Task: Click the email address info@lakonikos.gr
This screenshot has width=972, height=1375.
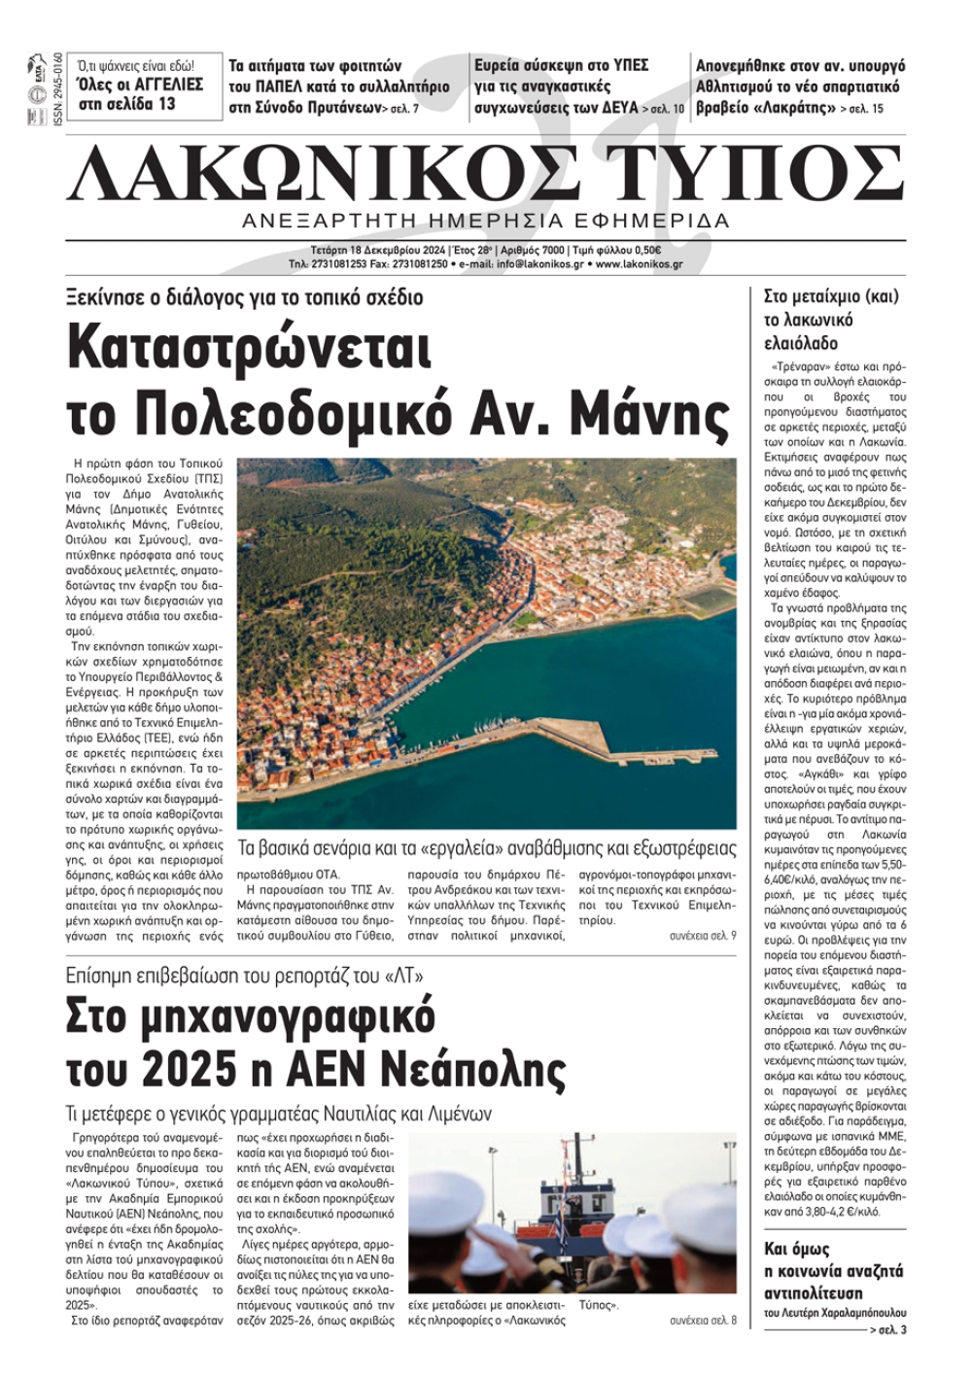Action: click(x=538, y=263)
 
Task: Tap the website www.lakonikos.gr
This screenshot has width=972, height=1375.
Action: click(x=639, y=263)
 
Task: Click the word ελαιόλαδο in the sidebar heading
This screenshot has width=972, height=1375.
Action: click(x=801, y=343)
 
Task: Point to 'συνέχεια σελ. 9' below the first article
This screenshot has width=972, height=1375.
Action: click(x=703, y=935)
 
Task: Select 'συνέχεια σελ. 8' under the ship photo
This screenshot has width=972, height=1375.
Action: click(x=703, y=1321)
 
